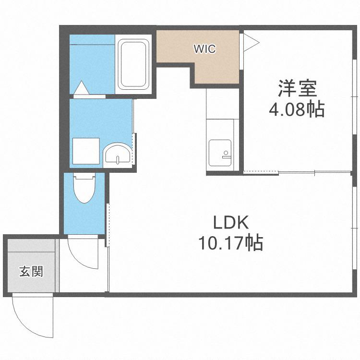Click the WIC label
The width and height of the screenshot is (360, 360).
[205, 49]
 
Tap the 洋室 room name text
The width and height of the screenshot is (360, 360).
[298, 88]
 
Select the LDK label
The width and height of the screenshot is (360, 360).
[231, 223]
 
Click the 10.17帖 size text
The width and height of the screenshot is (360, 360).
[230, 243]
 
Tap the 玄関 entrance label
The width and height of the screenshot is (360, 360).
[31, 272]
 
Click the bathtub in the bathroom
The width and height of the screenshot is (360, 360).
[133, 64]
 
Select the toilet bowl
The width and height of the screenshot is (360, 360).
[84, 188]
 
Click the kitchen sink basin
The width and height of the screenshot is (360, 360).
[220, 153]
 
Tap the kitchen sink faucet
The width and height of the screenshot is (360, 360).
[226, 155]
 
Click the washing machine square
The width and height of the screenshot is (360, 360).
[86, 151]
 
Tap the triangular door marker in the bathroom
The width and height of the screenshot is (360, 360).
[81, 87]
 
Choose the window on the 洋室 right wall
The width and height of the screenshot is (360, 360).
[355, 96]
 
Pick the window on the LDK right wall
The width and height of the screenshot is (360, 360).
[355, 228]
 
